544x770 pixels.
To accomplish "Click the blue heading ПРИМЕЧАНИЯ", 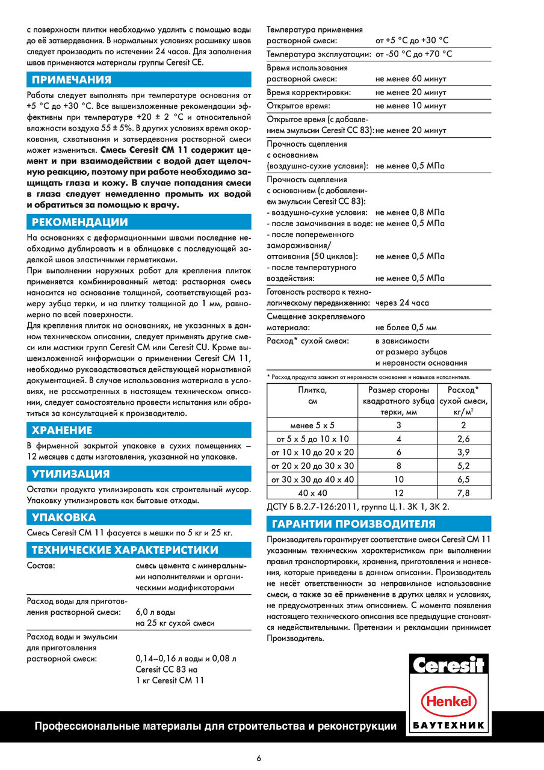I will (x=72, y=80).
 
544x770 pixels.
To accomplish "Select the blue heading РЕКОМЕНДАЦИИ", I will (x=79, y=223).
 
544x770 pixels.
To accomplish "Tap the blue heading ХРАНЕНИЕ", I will (x=62, y=430).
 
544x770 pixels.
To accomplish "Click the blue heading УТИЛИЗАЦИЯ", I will (x=70, y=474).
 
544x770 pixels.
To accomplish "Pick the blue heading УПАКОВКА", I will (x=64, y=517).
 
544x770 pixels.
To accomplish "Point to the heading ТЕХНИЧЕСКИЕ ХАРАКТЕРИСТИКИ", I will (x=125, y=550).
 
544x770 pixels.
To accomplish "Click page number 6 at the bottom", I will (x=259, y=759).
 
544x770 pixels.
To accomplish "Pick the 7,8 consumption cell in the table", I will (x=463, y=493).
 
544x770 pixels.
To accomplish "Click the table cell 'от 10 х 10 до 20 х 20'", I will (x=313, y=452).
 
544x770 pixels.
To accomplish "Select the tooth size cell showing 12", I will (x=399, y=493).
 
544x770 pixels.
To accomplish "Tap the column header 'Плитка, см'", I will (x=313, y=395).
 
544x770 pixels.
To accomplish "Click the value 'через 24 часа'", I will (x=403, y=303).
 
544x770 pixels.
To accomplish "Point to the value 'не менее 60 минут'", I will (x=410, y=79).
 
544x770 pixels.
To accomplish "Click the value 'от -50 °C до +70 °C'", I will (x=413, y=54).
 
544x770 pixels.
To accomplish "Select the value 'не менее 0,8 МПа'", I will (x=410, y=212).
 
